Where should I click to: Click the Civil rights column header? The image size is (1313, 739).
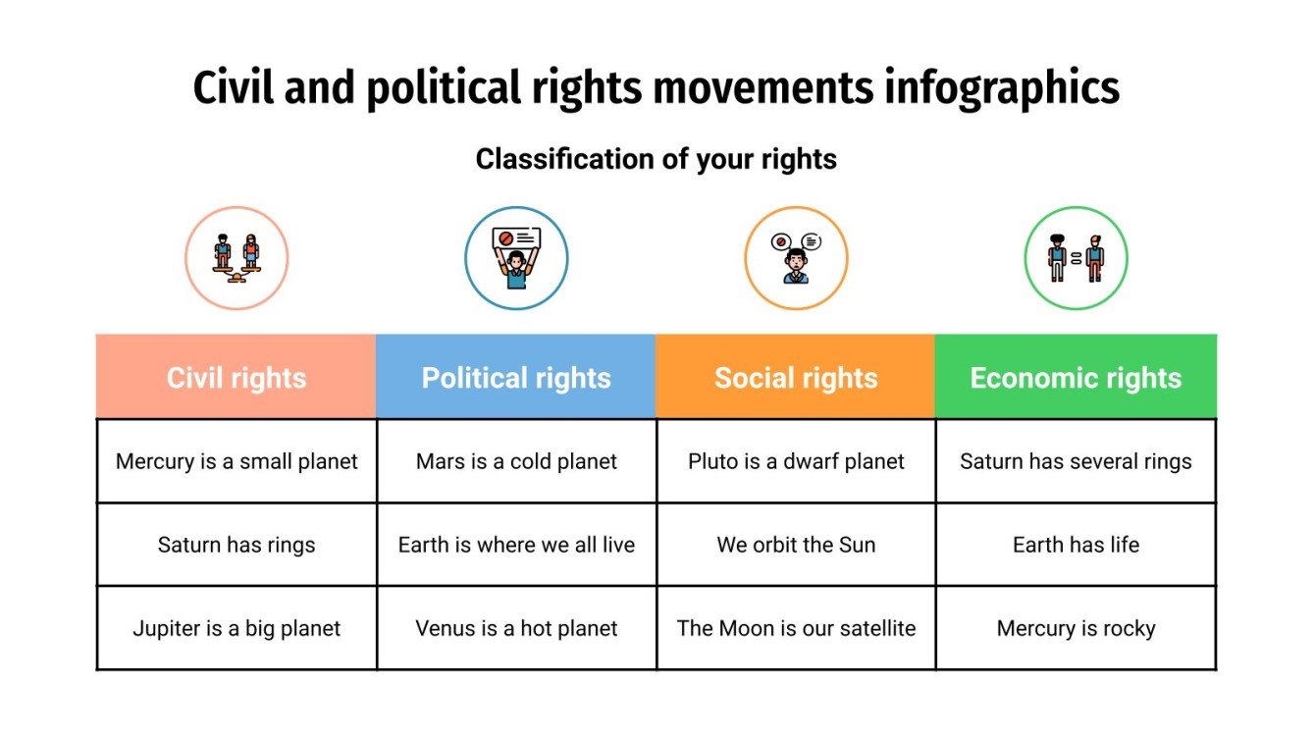[x=236, y=378]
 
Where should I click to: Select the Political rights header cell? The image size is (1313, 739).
[x=516, y=378]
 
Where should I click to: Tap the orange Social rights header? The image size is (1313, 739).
[x=796, y=378]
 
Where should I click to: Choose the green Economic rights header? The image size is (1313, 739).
[x=1076, y=378]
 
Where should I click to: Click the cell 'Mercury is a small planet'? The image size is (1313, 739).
[x=236, y=461]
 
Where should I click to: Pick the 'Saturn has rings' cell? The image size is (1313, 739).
[x=236, y=545]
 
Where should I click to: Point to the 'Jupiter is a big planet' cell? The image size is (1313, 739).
[x=236, y=628]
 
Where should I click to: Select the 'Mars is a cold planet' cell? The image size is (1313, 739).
[x=516, y=461]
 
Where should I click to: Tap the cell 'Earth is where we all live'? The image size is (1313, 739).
[x=516, y=545]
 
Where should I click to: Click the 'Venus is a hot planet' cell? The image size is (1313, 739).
[x=516, y=628]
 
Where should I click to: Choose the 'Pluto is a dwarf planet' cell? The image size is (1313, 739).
[x=796, y=461]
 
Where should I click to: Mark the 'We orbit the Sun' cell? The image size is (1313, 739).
[x=796, y=545]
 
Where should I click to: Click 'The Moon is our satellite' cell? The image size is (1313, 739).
[x=796, y=628]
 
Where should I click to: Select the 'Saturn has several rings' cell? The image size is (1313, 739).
[x=1076, y=461]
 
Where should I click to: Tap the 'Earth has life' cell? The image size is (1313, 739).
[x=1076, y=545]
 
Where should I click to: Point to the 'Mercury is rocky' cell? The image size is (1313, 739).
[x=1076, y=628]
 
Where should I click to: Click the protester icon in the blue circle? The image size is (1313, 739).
[x=516, y=258]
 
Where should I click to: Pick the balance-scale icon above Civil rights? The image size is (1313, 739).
[x=236, y=258]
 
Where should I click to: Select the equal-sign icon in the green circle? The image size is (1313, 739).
[x=1076, y=258]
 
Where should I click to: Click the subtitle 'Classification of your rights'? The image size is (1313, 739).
[x=656, y=159]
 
